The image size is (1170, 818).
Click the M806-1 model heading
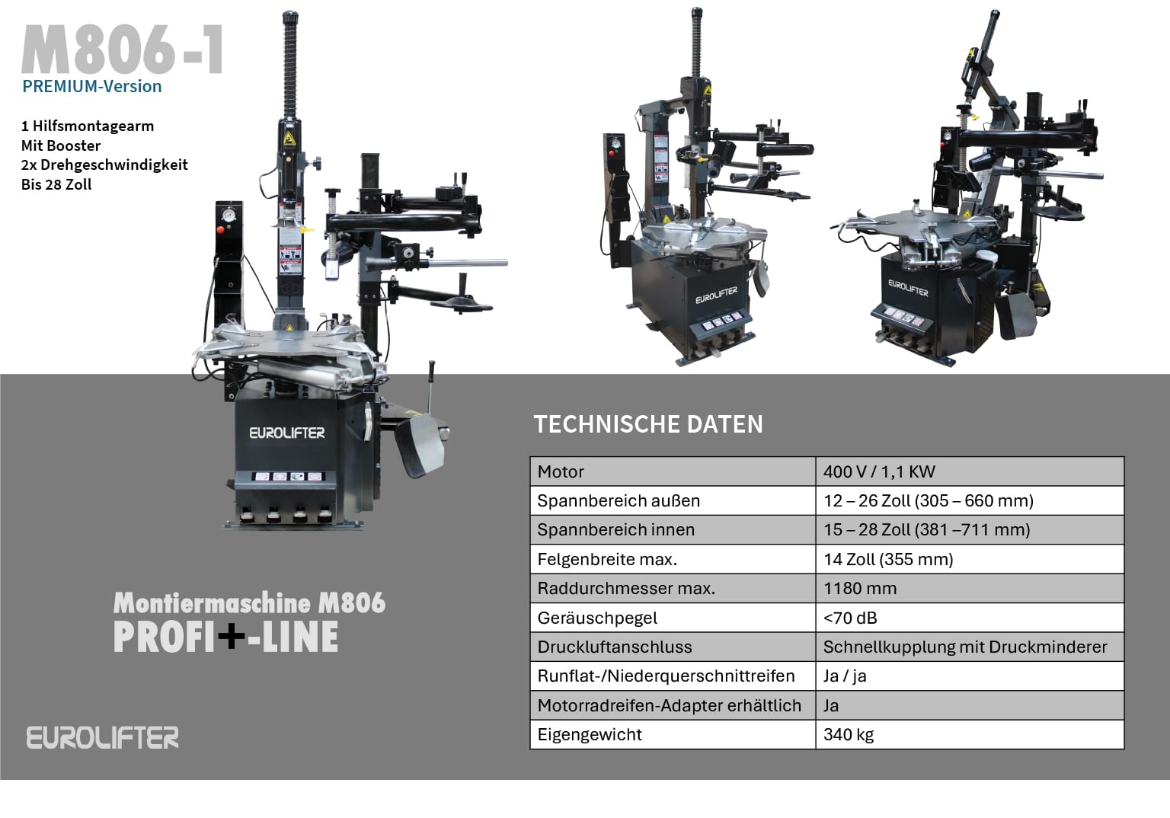pyautogui.click(x=123, y=50)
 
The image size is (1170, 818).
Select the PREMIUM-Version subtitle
pyautogui.click(x=92, y=86)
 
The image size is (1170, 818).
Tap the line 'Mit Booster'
pyautogui.click(x=61, y=145)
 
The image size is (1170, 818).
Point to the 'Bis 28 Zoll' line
pyautogui.click(x=56, y=184)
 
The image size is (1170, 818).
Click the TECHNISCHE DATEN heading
pyautogui.click(x=648, y=424)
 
